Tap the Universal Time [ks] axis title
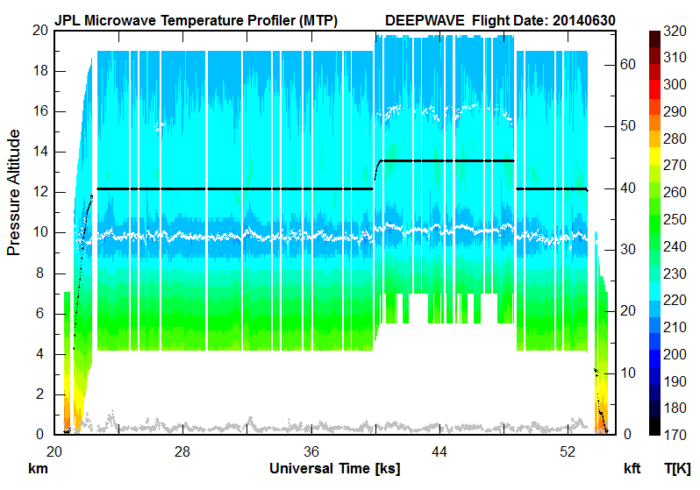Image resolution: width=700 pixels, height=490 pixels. tap(335, 468)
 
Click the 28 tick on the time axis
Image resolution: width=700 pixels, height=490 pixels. tap(182, 451)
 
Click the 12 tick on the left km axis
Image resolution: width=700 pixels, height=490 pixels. tap(38, 192)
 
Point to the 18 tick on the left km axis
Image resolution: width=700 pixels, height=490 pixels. tap(38, 71)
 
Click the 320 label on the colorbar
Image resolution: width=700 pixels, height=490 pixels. tap(675, 31)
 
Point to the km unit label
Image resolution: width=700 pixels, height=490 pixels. tap(38, 469)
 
